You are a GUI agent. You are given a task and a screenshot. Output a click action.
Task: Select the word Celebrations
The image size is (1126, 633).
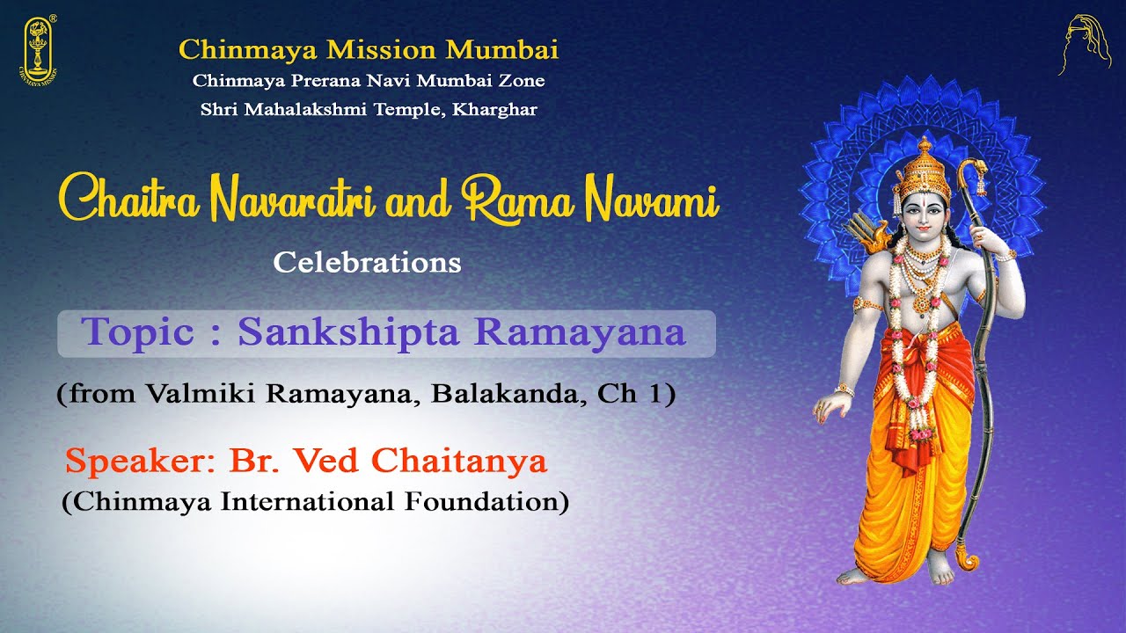pyautogui.click(x=367, y=262)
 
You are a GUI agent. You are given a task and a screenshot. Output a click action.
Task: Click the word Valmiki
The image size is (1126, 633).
pyautogui.click(x=200, y=394)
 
